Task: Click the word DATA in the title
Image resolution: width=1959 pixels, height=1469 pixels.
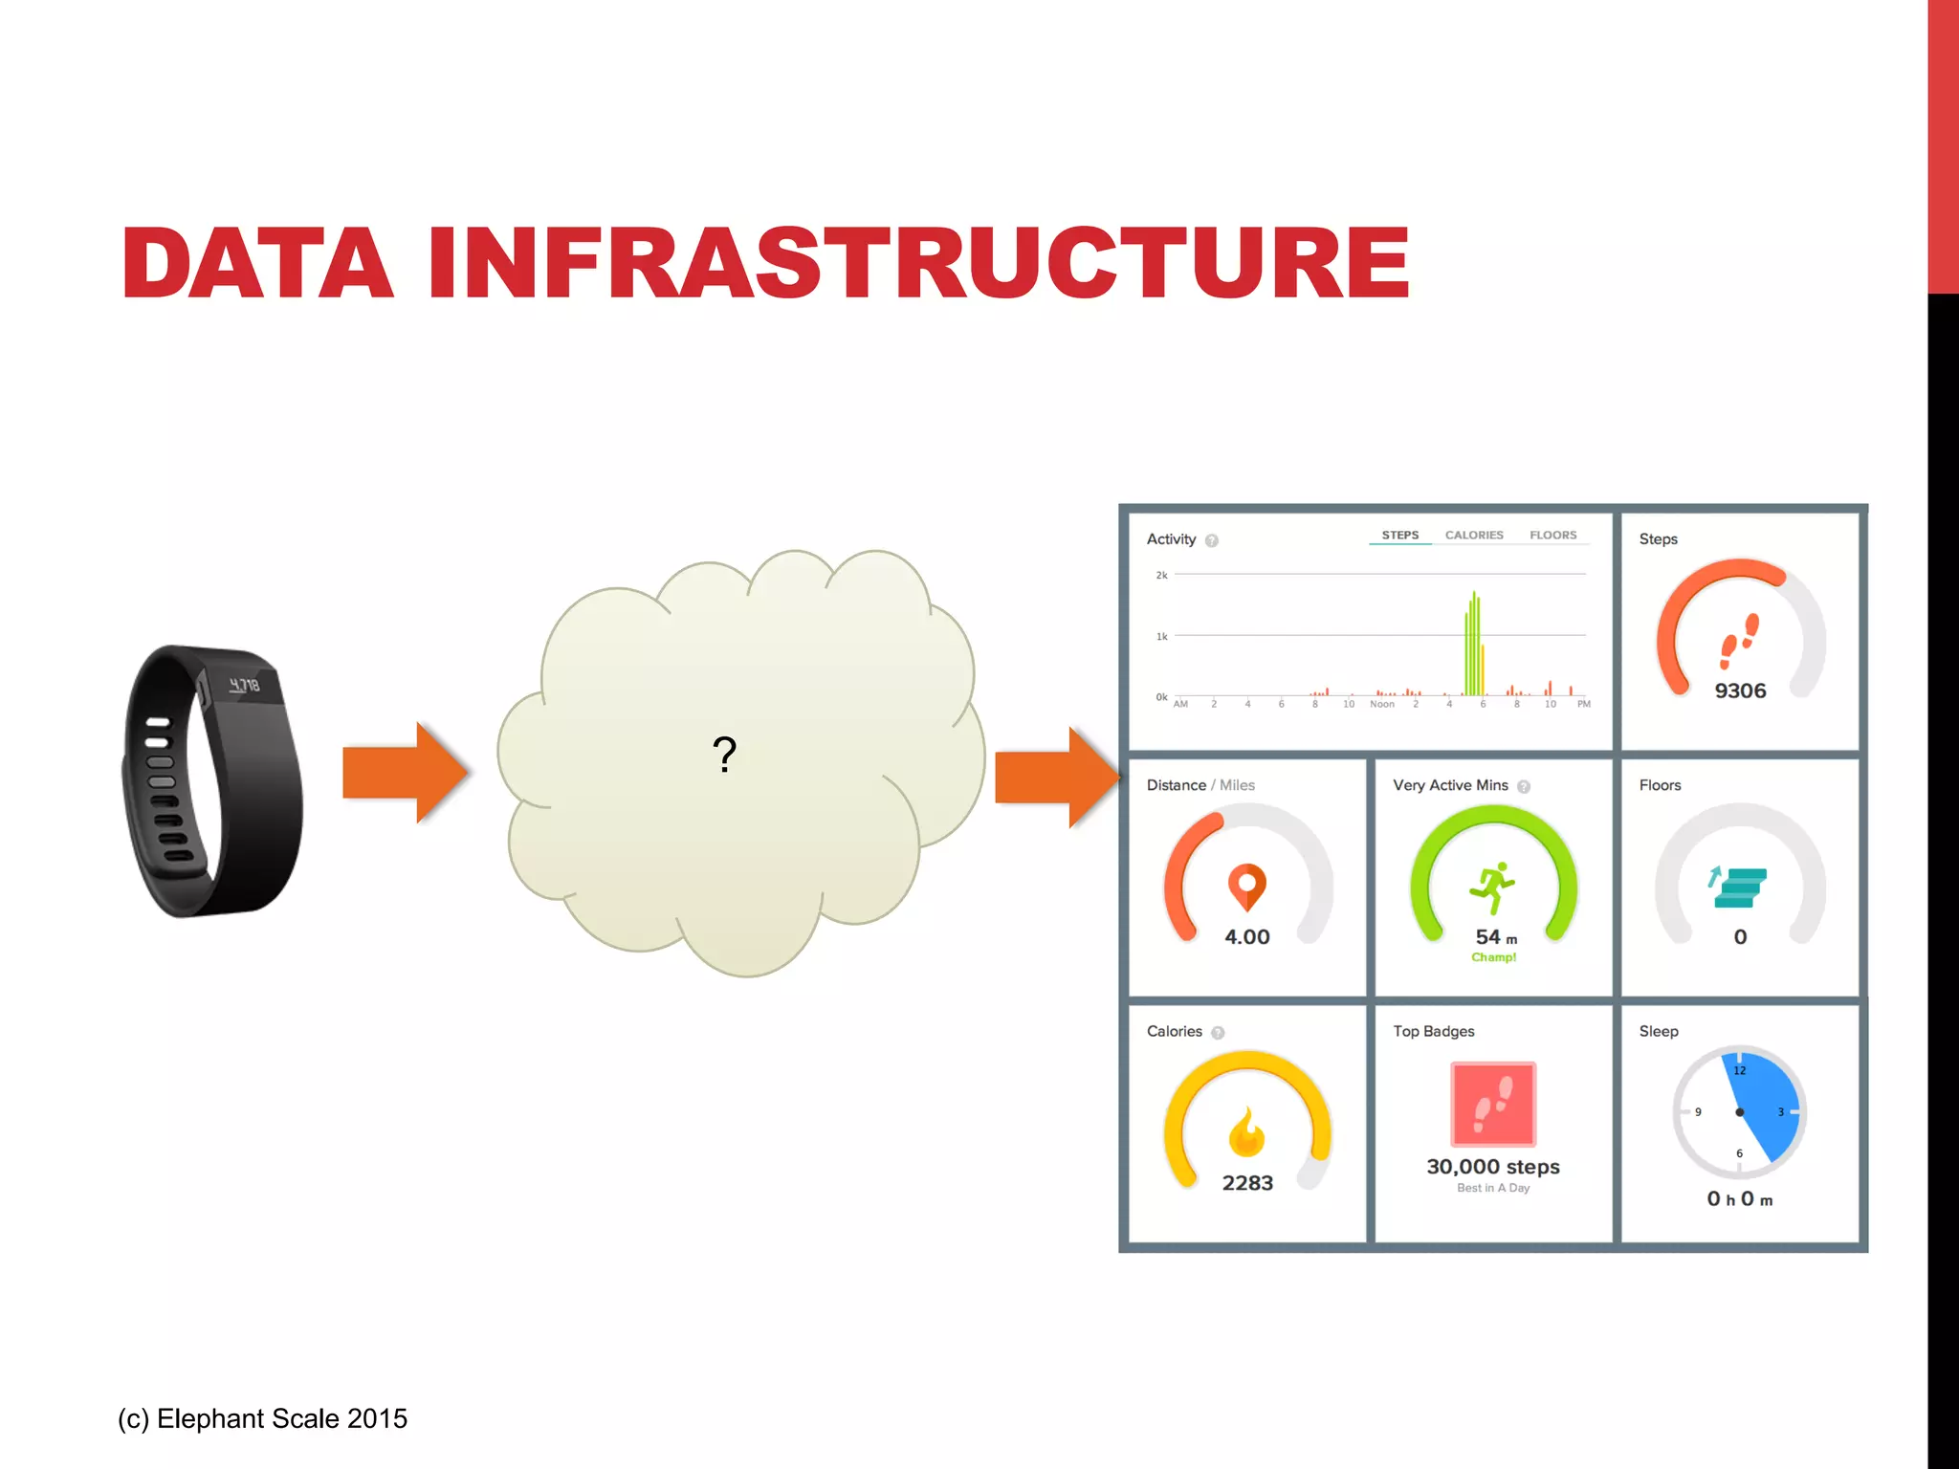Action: [256, 263]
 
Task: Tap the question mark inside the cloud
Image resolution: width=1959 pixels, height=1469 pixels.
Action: [725, 755]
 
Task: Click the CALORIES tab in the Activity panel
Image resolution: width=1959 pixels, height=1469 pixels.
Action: [1473, 536]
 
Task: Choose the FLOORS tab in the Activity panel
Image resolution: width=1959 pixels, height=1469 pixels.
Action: [1552, 536]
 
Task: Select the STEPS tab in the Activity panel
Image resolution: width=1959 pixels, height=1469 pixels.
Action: [1399, 536]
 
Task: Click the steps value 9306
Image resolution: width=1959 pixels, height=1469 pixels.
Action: [1740, 691]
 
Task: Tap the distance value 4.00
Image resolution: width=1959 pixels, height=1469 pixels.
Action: [1247, 937]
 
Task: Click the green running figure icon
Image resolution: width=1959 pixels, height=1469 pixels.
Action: [1492, 888]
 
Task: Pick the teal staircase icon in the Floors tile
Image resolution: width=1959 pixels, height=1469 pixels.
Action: [1737, 888]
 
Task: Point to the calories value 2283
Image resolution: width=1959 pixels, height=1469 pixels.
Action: [1247, 1183]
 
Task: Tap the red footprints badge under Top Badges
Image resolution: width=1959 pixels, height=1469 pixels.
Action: [1493, 1104]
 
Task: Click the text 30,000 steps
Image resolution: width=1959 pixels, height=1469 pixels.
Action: [1493, 1167]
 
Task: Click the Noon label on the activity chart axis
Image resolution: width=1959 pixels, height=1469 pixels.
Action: [1382, 705]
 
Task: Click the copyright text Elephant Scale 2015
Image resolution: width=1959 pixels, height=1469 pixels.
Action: [263, 1418]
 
